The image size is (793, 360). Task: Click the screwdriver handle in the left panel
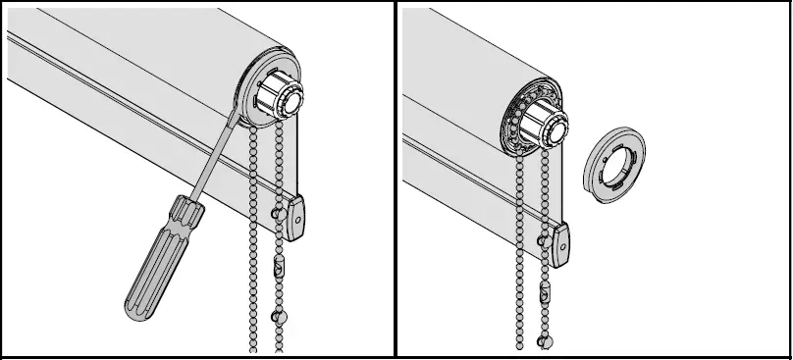pos(157,254)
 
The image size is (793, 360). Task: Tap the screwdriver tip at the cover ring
pos(235,115)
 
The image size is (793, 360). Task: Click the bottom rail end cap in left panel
pos(298,218)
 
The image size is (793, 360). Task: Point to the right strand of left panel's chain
pos(290,177)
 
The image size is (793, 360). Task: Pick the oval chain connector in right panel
pos(544,292)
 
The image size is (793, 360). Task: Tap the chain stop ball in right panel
pos(545,340)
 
